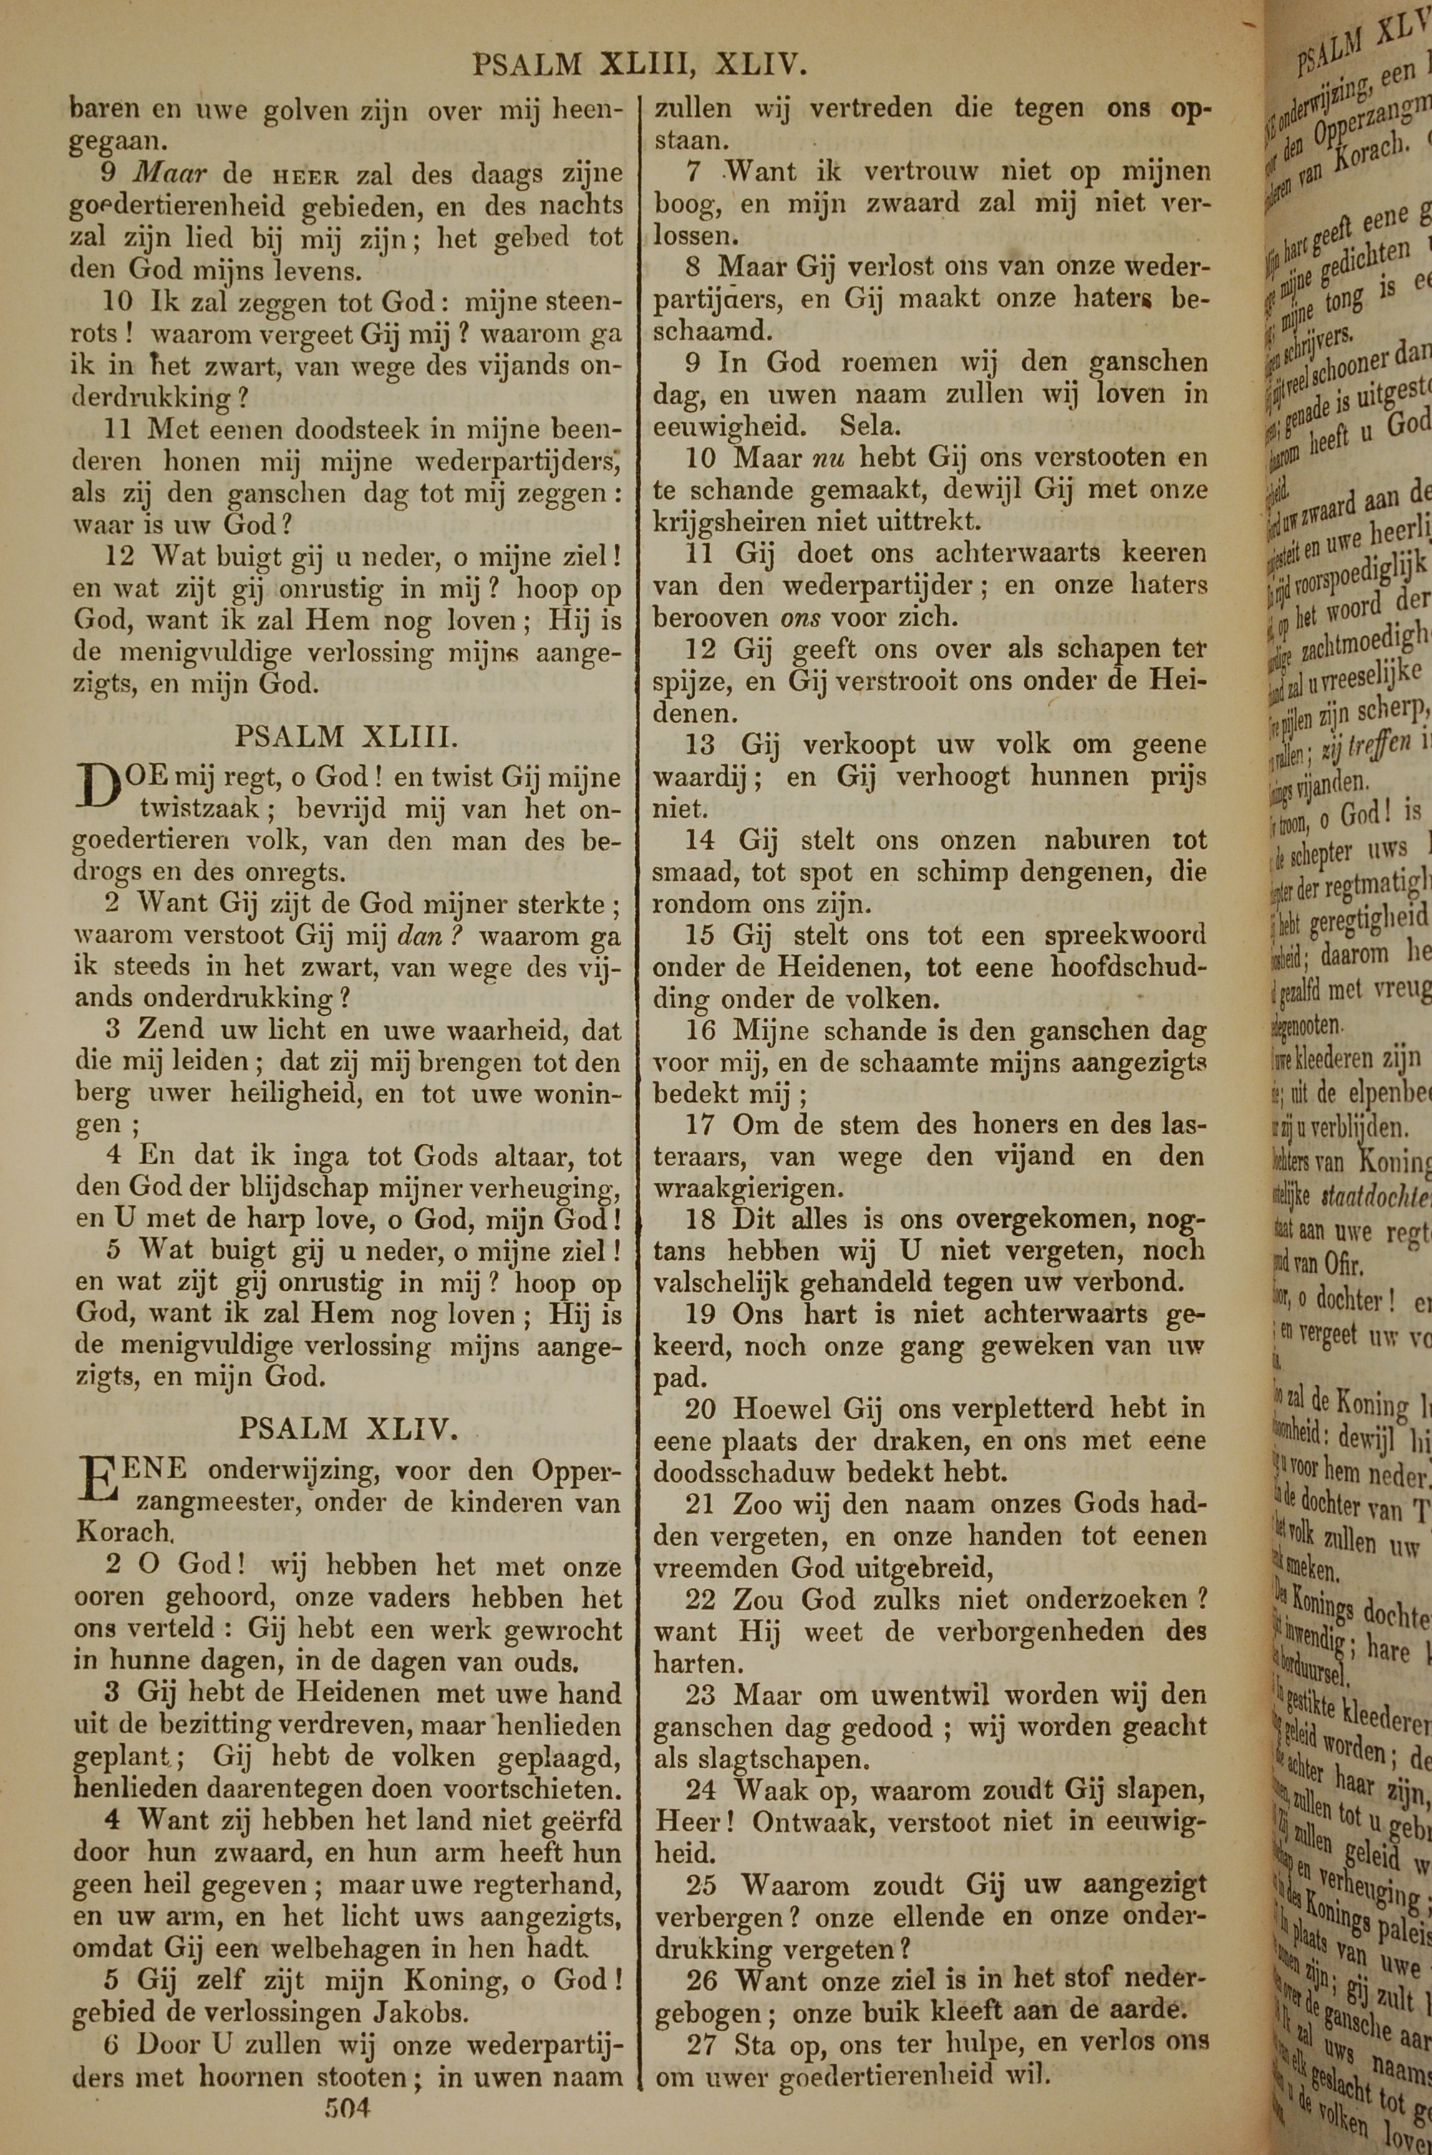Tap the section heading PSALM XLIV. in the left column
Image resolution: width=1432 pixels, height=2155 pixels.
point(348,1428)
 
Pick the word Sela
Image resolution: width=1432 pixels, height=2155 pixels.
point(871,426)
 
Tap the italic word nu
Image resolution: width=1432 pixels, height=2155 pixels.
point(829,458)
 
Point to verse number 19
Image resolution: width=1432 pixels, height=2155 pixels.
point(700,1315)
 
